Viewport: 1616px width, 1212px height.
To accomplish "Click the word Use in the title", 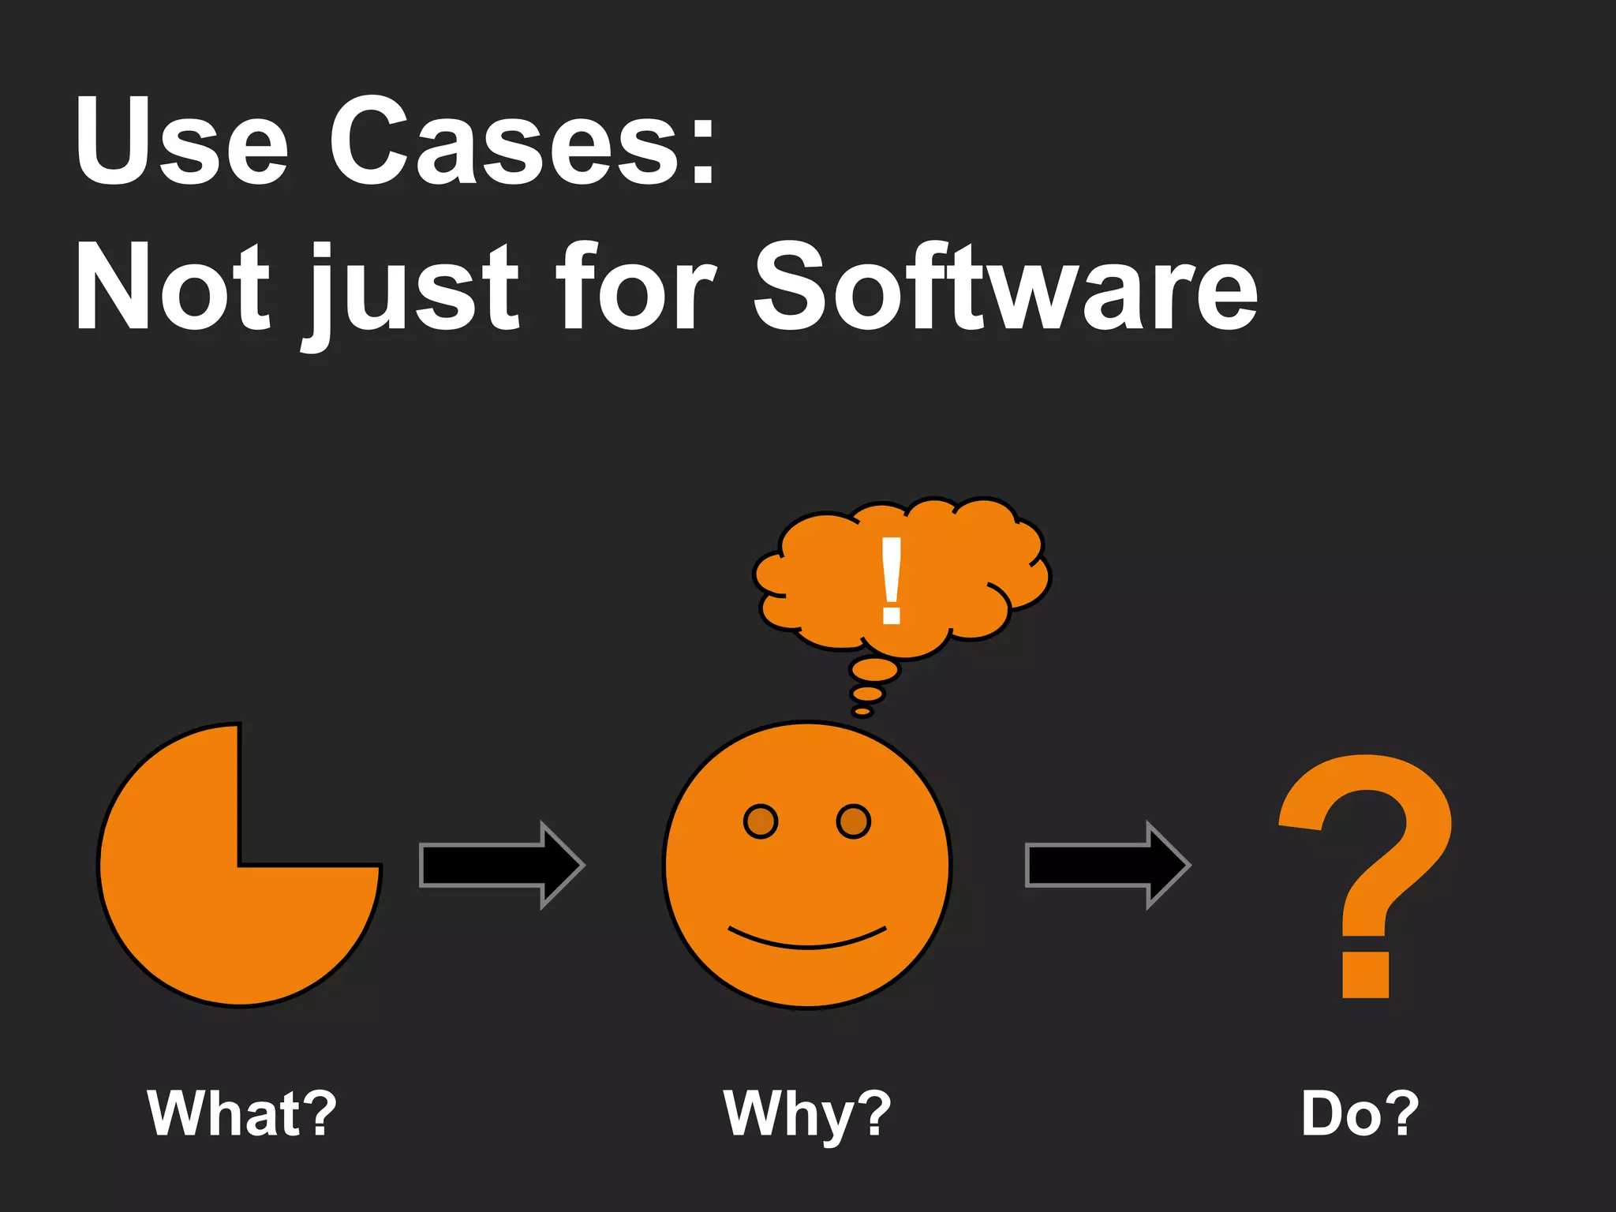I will [x=181, y=142].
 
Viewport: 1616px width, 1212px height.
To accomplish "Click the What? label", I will [x=241, y=1113].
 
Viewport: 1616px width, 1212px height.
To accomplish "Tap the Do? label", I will [x=1360, y=1113].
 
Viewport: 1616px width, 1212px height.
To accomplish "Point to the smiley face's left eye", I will [x=761, y=821].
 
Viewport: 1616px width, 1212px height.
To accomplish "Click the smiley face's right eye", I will [x=853, y=821].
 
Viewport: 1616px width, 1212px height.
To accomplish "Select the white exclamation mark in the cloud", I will [x=892, y=580].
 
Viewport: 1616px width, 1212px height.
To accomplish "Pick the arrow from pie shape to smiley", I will [x=501, y=865].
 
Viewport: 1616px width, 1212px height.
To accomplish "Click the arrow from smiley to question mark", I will [x=1107, y=865].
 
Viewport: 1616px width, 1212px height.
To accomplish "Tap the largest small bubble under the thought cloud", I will [x=874, y=671].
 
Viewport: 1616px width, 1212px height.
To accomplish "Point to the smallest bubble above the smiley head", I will [x=862, y=712].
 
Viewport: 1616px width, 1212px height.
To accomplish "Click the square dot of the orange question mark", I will [x=1366, y=974].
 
